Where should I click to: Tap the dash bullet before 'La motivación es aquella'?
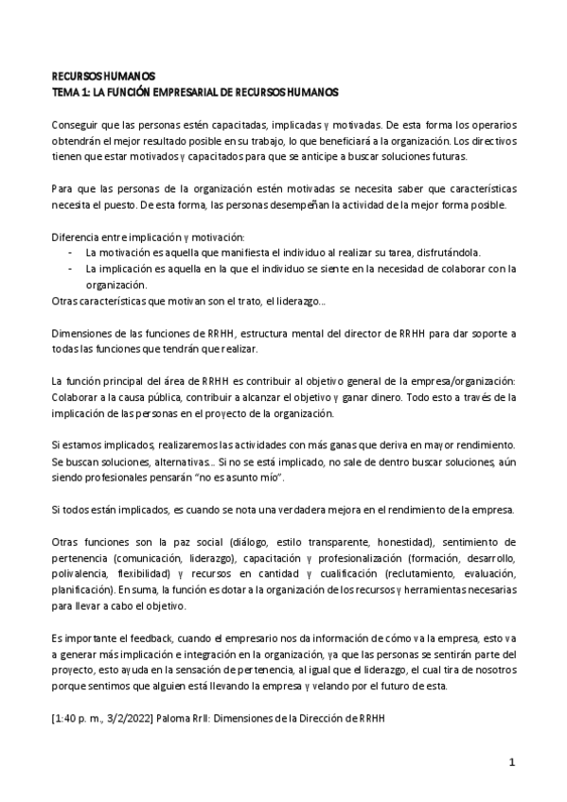click(73, 253)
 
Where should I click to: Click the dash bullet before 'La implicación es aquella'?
click(73, 269)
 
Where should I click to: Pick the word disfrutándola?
click(448, 253)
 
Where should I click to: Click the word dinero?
click(377, 398)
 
